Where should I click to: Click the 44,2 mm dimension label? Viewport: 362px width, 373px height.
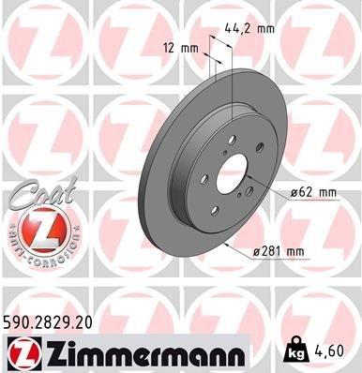click(x=252, y=29)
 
